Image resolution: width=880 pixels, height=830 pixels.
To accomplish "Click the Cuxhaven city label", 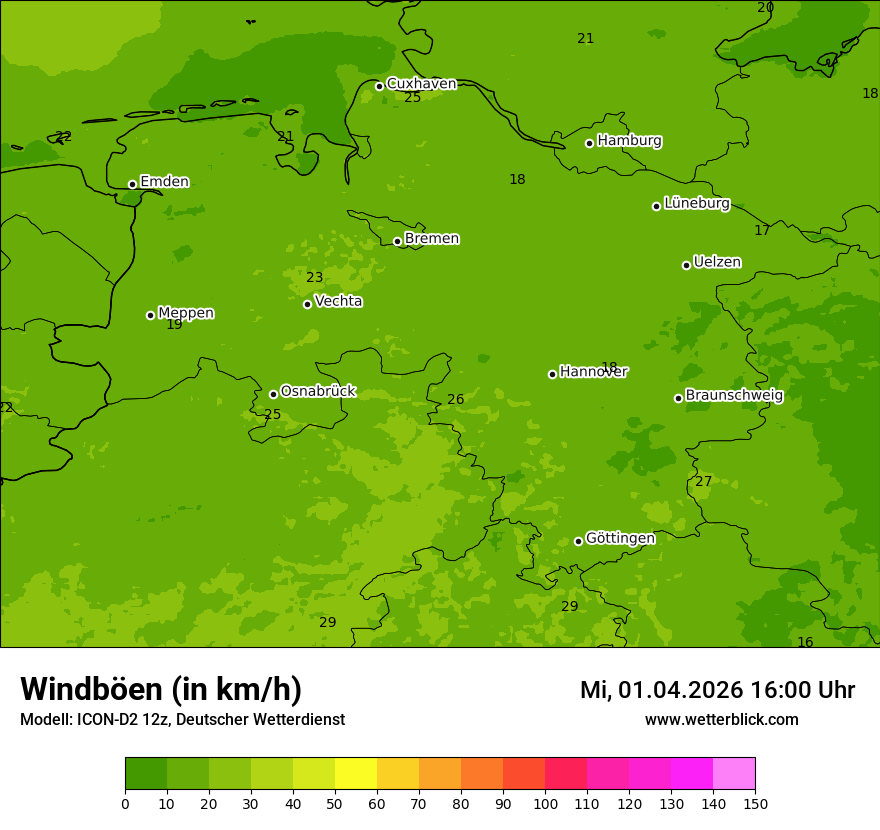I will [x=421, y=84].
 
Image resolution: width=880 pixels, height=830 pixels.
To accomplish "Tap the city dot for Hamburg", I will [x=590, y=143].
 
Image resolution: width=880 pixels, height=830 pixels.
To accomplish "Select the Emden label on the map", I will [x=164, y=182].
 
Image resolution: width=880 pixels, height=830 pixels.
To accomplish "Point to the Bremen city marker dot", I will [x=397, y=241].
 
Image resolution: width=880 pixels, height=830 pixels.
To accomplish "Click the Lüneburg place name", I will [x=697, y=204].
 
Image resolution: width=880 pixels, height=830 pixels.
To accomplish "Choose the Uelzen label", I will [x=717, y=263].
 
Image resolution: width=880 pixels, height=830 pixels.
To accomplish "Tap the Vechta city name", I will [x=338, y=302].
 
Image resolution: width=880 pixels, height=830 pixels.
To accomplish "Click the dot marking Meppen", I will [x=151, y=315].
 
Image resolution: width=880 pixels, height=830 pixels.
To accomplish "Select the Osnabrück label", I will [x=318, y=392].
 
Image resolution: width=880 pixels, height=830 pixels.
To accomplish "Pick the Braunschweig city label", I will [x=734, y=396].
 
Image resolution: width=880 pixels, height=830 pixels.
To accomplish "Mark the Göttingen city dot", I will [x=578, y=541].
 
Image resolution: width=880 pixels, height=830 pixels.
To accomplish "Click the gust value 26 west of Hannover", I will [x=456, y=400].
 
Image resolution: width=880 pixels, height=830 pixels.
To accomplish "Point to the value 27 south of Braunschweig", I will [x=704, y=482].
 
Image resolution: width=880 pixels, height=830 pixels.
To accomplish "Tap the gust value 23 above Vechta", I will [x=315, y=278].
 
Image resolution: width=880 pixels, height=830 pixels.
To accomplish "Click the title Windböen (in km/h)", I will [x=161, y=689].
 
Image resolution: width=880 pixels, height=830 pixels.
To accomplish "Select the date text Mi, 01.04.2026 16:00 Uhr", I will [x=717, y=690].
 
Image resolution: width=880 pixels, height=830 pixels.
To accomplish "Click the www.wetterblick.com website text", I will [x=721, y=720].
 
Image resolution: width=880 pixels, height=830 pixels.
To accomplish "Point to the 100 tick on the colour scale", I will [x=545, y=803].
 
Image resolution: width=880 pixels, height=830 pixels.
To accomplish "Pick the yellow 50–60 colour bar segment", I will [x=356, y=773].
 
